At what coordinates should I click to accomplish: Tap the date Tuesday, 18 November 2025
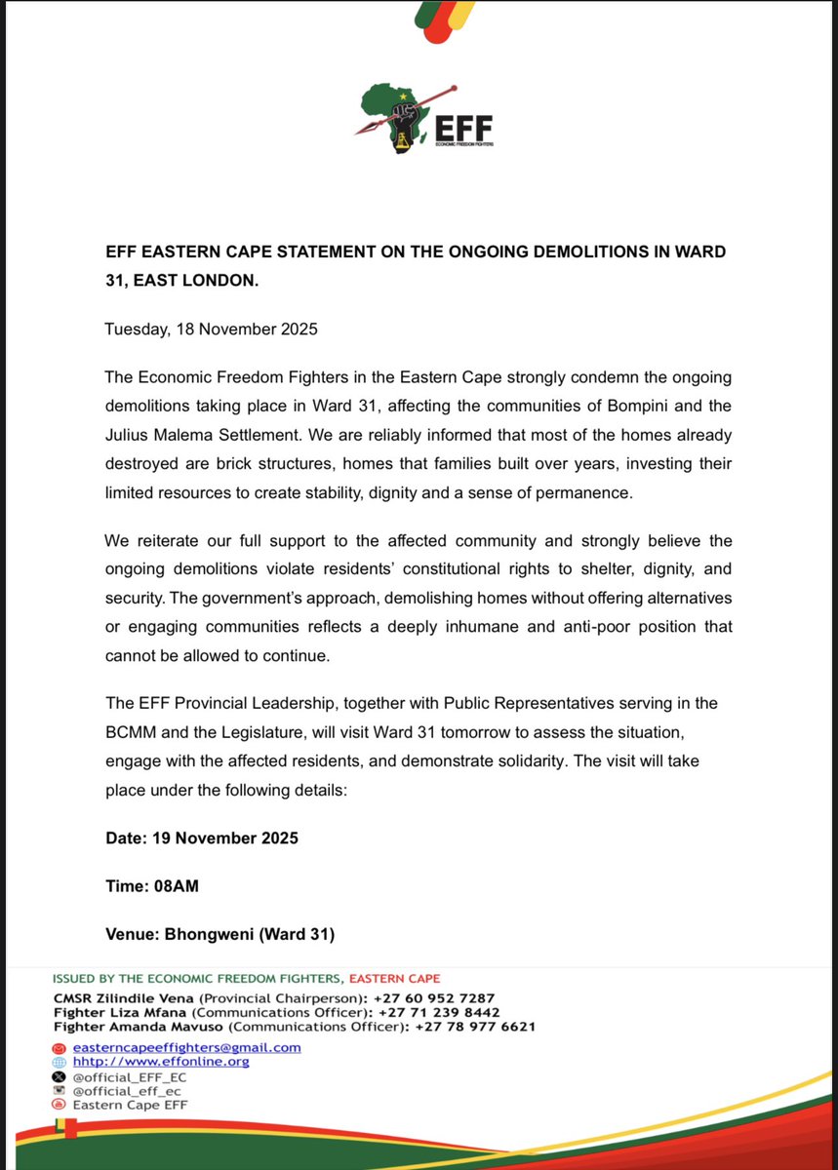point(211,330)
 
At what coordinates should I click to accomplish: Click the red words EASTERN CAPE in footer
point(394,978)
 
